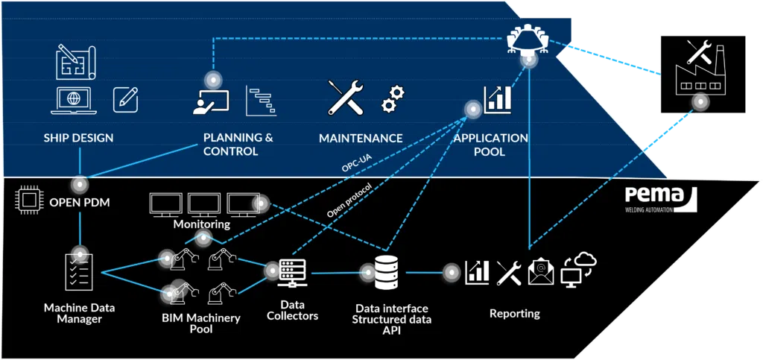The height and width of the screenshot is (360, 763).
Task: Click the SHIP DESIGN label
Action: (78, 138)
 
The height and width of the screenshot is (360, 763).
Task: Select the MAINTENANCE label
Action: (361, 138)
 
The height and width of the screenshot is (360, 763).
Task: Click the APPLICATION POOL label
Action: (490, 145)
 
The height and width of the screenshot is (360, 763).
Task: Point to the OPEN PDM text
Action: (79, 201)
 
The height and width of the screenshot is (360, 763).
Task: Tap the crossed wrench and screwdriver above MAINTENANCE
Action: (346, 98)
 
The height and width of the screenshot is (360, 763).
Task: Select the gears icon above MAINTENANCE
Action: (392, 98)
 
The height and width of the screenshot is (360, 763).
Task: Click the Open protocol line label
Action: (349, 200)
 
